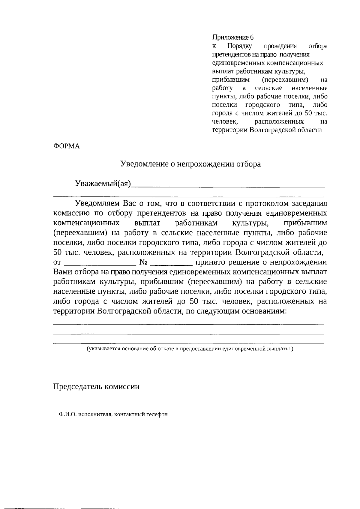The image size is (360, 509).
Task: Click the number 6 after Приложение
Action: pyautogui.click(x=252, y=37)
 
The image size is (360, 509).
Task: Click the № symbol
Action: pyautogui.click(x=143, y=262)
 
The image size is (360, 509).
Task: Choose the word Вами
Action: pyautogui.click(x=62, y=272)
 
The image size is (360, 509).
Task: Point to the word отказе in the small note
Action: pyautogui.click(x=163, y=349)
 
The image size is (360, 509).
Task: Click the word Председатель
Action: pyautogui.click(x=77, y=386)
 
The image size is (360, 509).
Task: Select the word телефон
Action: pyautogui.click(x=157, y=415)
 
